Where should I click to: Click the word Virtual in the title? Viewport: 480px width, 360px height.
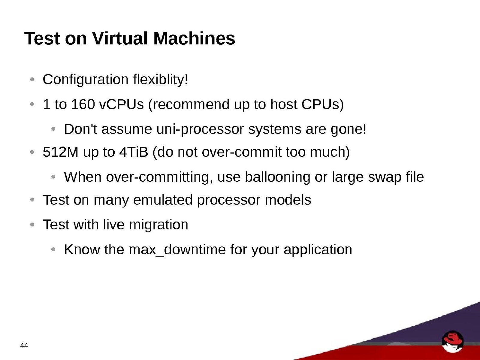click(x=120, y=38)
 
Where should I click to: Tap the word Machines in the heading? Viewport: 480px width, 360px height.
click(x=194, y=38)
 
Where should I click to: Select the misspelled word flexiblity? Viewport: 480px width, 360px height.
click(x=161, y=79)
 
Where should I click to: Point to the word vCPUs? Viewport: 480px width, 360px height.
click(x=122, y=104)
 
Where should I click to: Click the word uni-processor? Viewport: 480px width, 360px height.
click(x=200, y=129)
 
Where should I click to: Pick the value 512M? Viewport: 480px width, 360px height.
click(x=60, y=152)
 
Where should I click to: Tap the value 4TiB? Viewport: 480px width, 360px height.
click(x=134, y=152)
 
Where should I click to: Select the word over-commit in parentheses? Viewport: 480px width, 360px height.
click(x=241, y=152)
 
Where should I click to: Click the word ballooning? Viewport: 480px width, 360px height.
click(x=277, y=177)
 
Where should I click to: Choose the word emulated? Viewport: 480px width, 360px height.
click(x=163, y=200)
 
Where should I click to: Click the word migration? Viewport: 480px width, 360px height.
click(x=158, y=225)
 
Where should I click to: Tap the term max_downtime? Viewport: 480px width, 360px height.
click(x=177, y=250)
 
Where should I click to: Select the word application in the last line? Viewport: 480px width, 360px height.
click(x=318, y=250)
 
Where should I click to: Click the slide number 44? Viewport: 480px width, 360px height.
click(x=24, y=345)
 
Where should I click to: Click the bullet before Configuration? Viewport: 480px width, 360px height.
click(x=32, y=80)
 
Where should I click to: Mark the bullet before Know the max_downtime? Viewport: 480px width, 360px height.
click(x=53, y=249)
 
